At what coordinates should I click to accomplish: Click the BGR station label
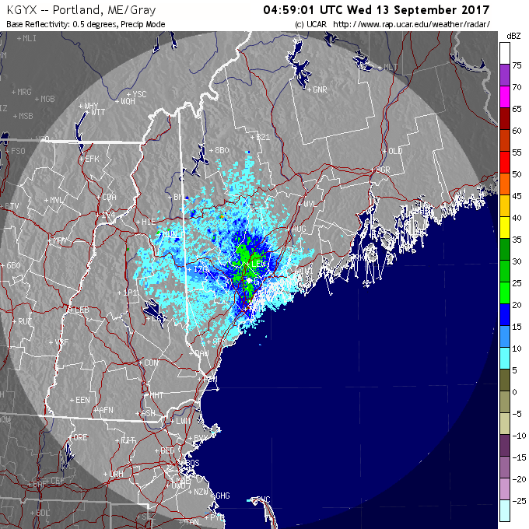pyautogui.click(x=382, y=169)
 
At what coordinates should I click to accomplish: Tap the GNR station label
pyautogui.click(x=319, y=89)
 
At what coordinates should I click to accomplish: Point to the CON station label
pyautogui.click(x=151, y=363)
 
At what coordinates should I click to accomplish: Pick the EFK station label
pyautogui.click(x=93, y=159)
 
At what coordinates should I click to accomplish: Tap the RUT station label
pyautogui.click(x=25, y=321)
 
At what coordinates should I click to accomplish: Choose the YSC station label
pyautogui.click(x=139, y=94)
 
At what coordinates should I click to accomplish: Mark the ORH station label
pyautogui.click(x=116, y=474)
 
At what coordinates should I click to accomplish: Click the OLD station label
pyautogui.click(x=395, y=150)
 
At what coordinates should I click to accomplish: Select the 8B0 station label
pyautogui.click(x=223, y=149)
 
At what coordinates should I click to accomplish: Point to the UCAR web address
pyautogui.click(x=412, y=25)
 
